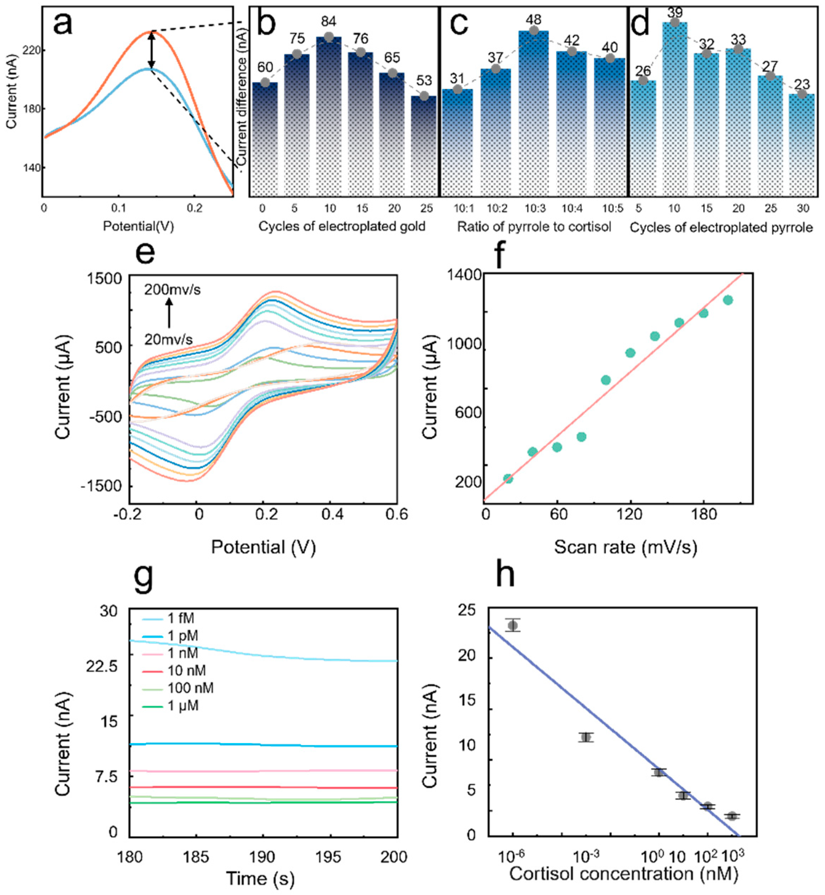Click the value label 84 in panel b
329,21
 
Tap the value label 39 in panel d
675,12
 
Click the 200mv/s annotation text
172,290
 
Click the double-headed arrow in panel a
152,50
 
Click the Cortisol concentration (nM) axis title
624,874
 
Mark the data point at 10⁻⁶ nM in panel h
513,626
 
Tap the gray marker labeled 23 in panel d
802,94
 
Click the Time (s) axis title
261,878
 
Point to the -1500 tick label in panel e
102,486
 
